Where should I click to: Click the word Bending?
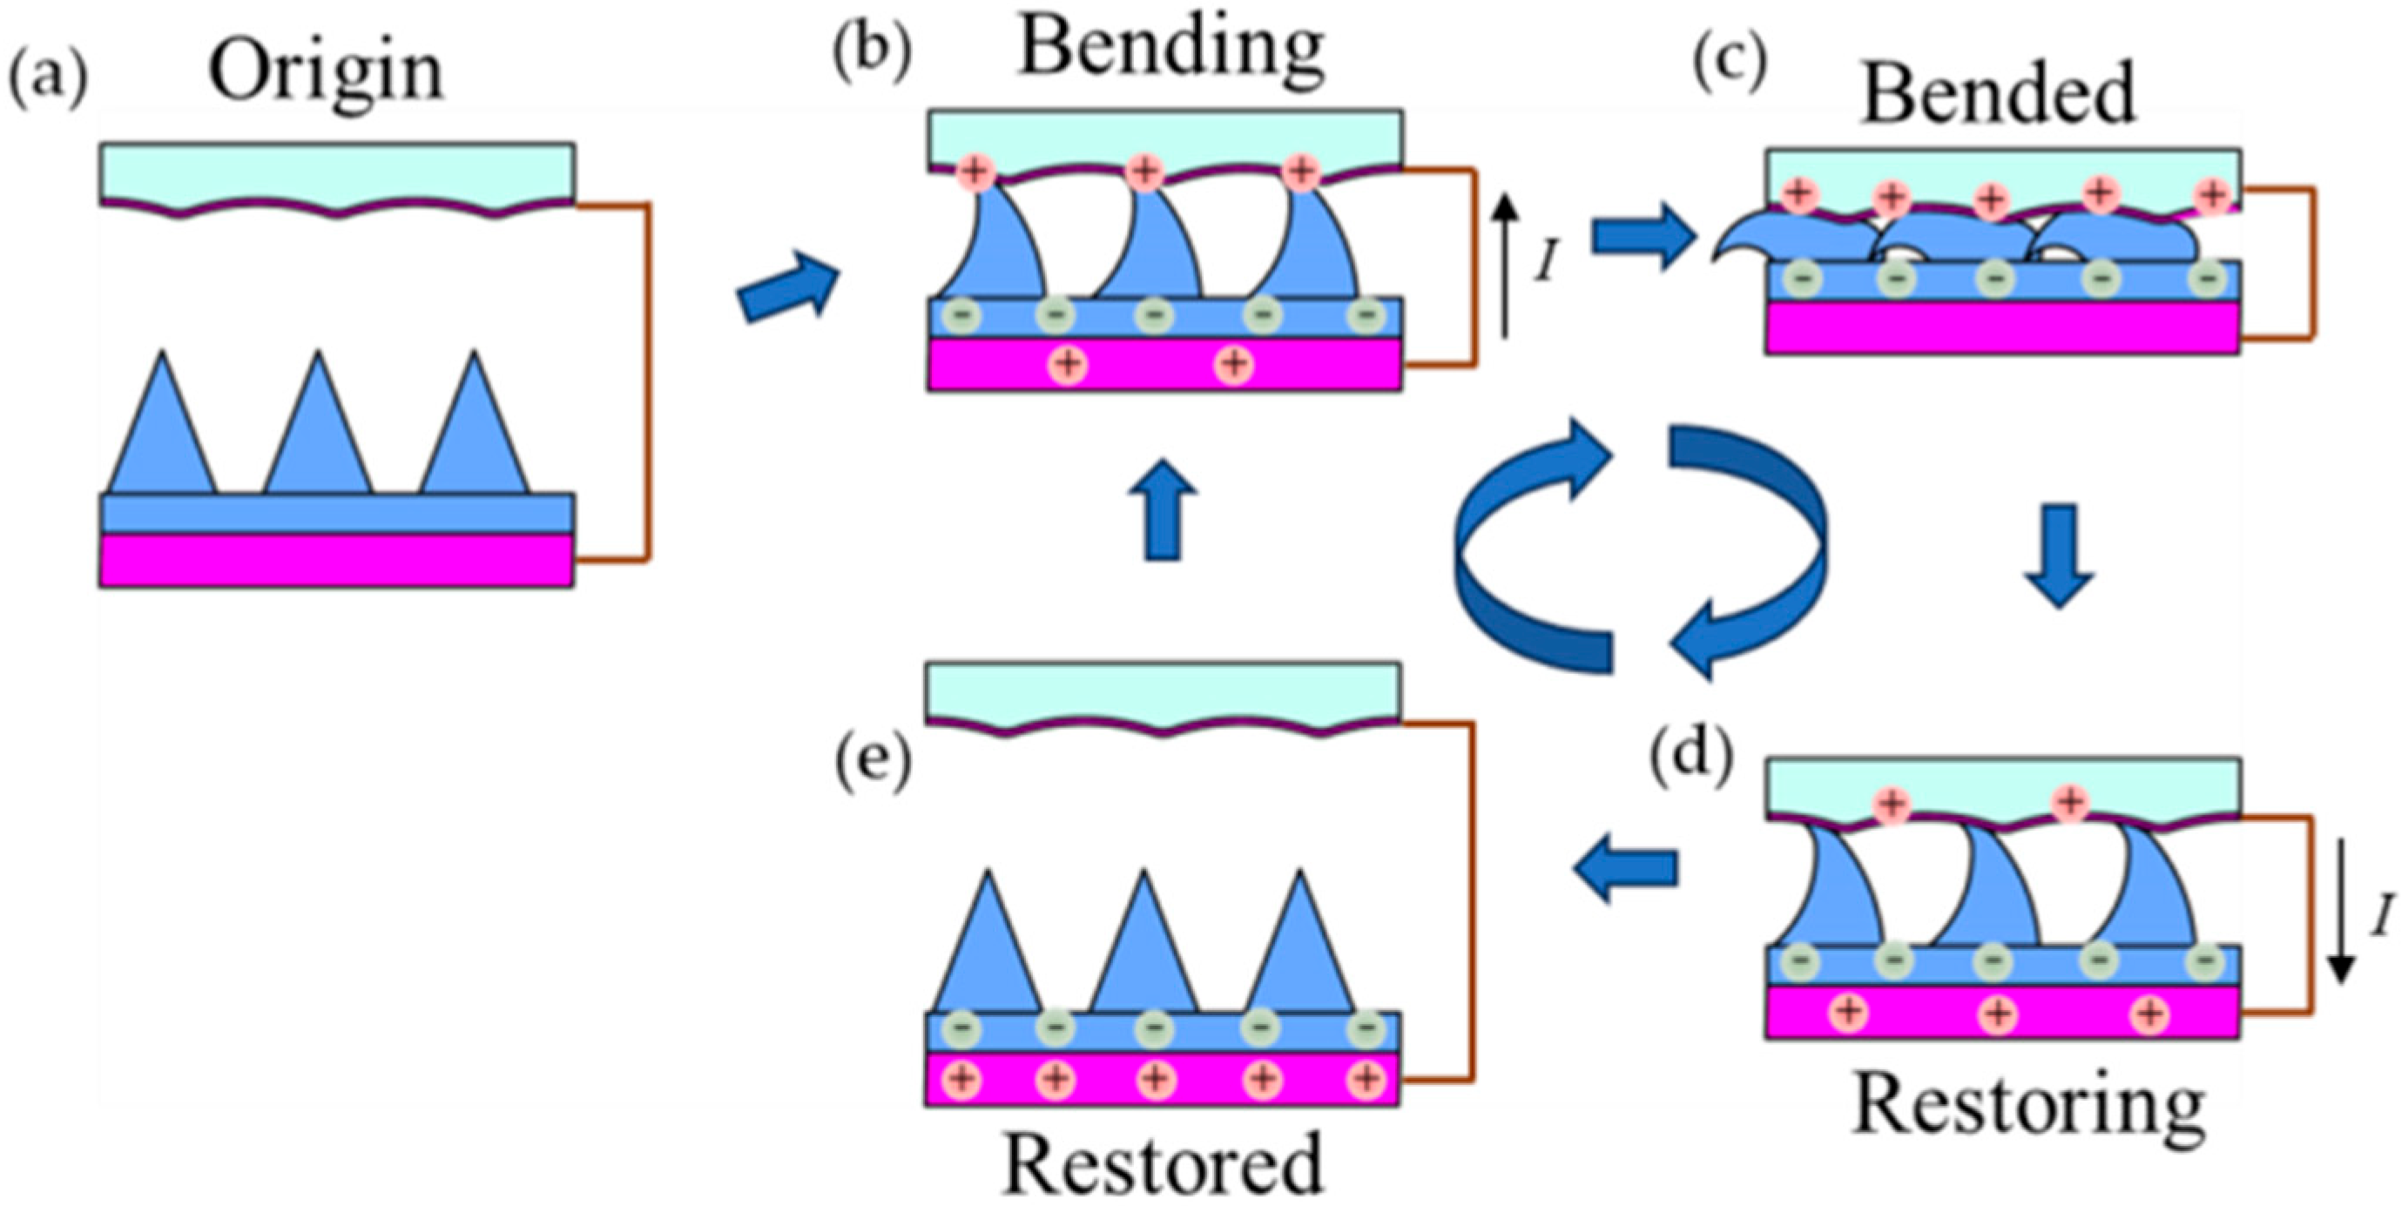[1171, 49]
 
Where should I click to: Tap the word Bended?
[2000, 92]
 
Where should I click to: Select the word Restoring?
[2028, 1108]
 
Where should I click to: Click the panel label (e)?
[872, 766]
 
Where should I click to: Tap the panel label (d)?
[1690, 753]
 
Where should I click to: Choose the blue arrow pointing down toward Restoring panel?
[2059, 557]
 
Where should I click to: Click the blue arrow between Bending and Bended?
[1643, 238]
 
